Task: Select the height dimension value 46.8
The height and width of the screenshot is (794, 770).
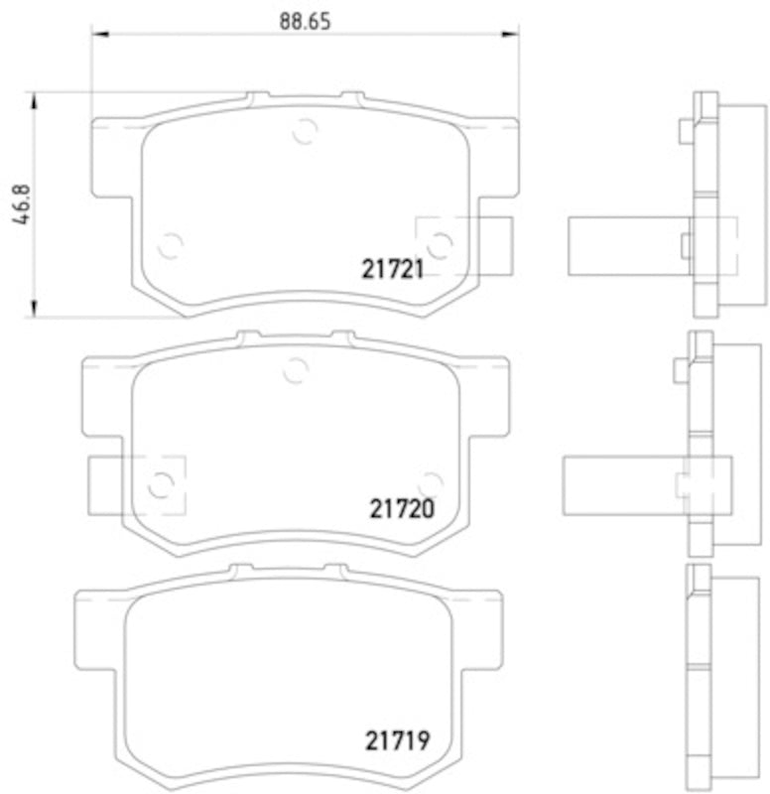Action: (x=18, y=205)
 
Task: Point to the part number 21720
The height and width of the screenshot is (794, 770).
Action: (x=404, y=508)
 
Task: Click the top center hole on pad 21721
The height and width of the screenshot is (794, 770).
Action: (x=305, y=130)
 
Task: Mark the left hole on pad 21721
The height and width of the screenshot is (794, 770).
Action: (x=171, y=244)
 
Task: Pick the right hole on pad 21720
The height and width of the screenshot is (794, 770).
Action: (x=429, y=482)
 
